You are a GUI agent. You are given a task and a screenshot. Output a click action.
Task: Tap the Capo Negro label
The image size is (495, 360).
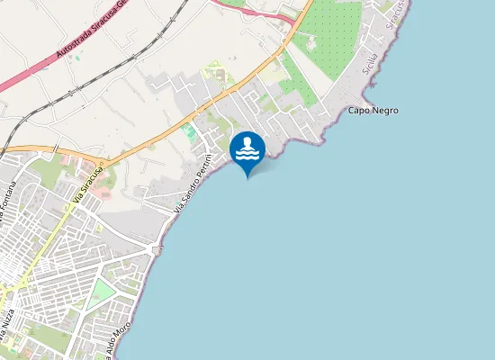pyautogui.click(x=373, y=111)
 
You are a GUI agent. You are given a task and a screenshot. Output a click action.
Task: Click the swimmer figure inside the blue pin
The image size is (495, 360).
pyautogui.click(x=247, y=142)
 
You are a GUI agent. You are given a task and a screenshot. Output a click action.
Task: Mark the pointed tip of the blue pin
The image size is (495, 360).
pyautogui.click(x=247, y=177)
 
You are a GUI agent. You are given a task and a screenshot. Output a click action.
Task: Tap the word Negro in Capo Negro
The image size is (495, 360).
pyautogui.click(x=383, y=111)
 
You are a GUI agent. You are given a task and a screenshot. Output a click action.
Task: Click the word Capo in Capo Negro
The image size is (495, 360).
pyautogui.click(x=357, y=111)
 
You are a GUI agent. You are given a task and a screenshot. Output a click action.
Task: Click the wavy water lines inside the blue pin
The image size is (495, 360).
pyautogui.click(x=247, y=155)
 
